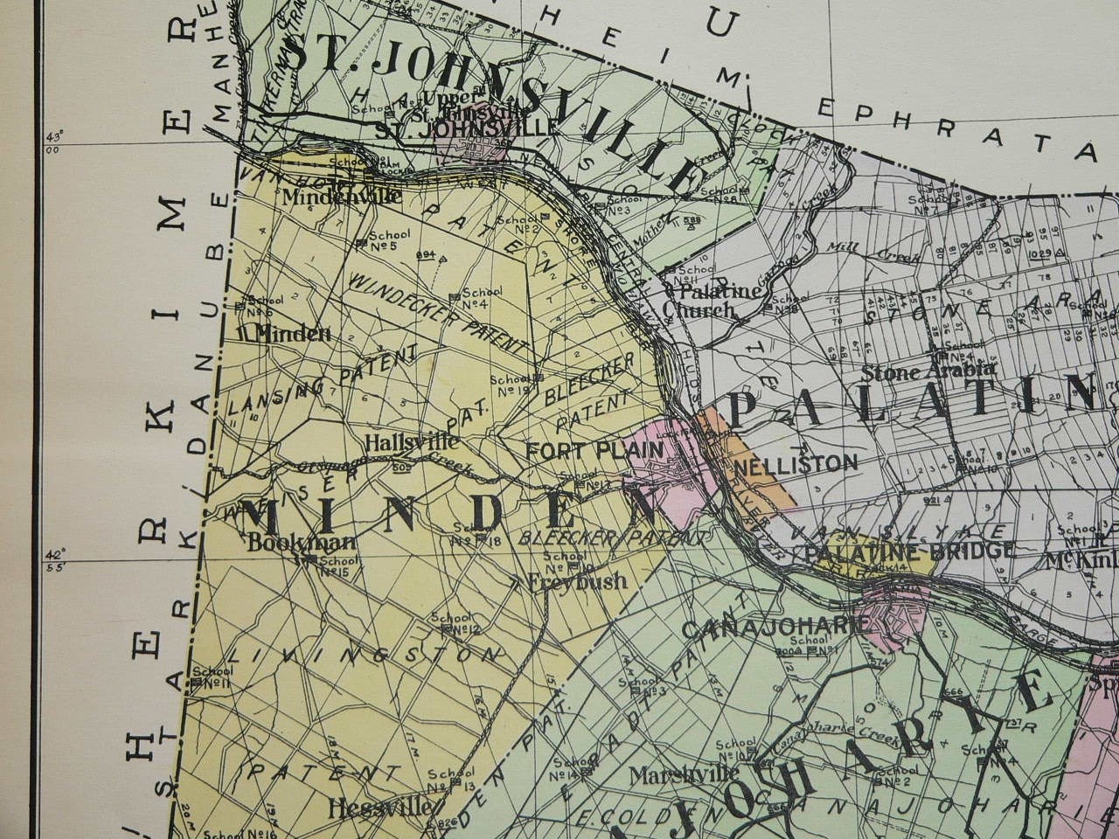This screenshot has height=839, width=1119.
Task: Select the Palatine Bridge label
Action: click(x=909, y=551)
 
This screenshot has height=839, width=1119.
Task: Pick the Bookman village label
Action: click(x=302, y=541)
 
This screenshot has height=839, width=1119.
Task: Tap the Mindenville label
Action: click(x=343, y=197)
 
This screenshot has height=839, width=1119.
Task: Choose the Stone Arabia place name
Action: click(x=927, y=371)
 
